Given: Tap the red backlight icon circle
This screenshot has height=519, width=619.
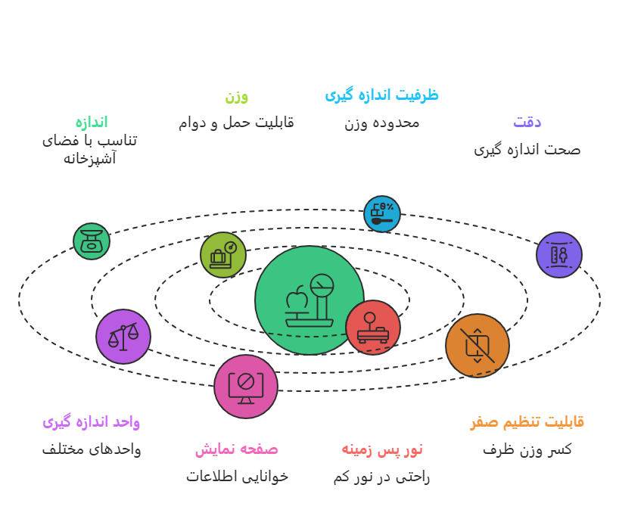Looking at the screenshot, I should click(372, 328).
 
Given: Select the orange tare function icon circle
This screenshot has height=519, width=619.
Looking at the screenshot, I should click(477, 346).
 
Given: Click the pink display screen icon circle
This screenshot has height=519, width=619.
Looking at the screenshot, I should click(245, 386).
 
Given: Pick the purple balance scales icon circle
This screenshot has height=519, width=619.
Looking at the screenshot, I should click(123, 336).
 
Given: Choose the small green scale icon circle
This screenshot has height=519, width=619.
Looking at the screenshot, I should click(92, 241).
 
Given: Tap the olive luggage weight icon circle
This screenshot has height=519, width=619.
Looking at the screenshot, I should click(223, 255).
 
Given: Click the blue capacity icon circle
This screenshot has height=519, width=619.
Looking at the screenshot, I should click(382, 214).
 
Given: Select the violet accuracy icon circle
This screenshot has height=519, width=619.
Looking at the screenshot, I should click(559, 255).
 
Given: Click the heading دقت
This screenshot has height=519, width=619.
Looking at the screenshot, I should click(527, 122).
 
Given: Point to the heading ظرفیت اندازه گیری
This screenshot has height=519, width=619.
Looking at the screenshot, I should click(381, 95).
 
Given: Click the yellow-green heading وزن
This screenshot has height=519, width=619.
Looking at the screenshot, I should click(236, 97).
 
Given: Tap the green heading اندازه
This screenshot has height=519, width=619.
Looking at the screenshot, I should click(91, 122).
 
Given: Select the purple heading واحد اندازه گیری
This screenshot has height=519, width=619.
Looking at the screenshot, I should click(91, 421).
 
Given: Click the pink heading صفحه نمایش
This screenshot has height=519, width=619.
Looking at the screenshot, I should click(236, 449).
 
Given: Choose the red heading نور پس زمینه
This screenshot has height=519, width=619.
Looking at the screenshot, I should click(381, 449).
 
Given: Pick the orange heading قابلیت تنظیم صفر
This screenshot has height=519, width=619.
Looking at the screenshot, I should click(527, 421).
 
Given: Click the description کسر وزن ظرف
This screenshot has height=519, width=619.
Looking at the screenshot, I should click(527, 449).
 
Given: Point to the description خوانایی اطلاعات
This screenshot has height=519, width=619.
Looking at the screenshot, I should click(237, 477).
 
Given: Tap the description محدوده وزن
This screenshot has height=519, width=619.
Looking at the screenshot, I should click(381, 123).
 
